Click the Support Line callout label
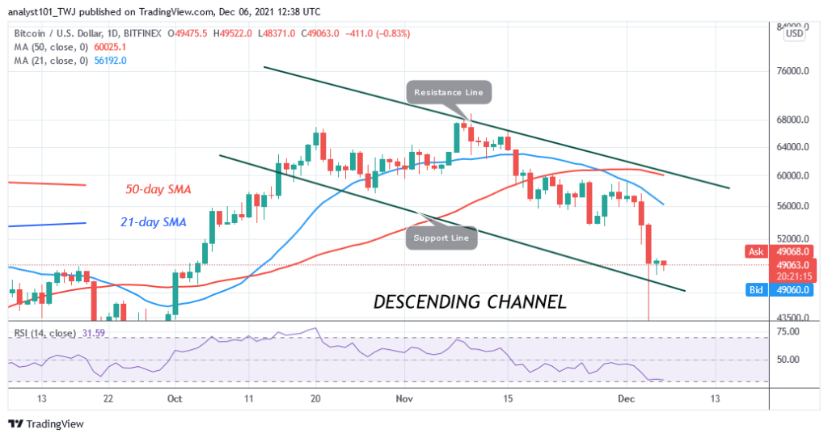pyautogui.click(x=441, y=238)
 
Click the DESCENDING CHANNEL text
pyautogui.click(x=469, y=302)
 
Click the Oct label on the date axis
pyautogui.click(x=172, y=398)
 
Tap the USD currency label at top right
pyautogui.click(x=794, y=34)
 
